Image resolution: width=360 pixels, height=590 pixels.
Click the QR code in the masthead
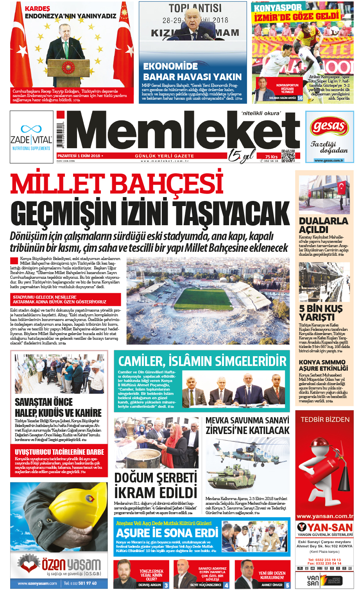[x=288, y=156]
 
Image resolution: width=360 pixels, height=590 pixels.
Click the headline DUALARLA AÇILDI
[x=323, y=225]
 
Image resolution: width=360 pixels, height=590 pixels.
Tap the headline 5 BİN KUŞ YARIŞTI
[x=321, y=313]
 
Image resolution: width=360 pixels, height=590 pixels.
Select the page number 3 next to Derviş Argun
[x=166, y=585]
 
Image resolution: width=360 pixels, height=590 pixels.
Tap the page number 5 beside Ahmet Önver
[x=288, y=585]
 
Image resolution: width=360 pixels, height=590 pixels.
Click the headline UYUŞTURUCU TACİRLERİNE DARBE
[x=59, y=452]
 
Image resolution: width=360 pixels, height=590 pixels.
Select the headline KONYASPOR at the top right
[x=278, y=7]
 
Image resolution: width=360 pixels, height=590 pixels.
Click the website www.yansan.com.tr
[x=324, y=516]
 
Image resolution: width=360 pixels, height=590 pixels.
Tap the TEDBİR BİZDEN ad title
[x=325, y=420]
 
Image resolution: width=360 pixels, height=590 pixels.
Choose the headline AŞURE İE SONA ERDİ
[x=167, y=533]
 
